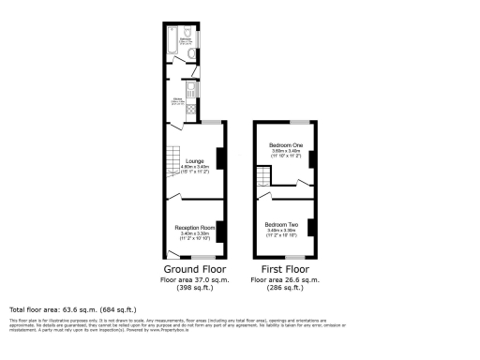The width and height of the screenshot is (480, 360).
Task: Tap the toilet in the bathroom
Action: (192, 55)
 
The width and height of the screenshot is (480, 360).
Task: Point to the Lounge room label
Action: (195, 161)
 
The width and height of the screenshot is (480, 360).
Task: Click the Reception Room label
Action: (195, 228)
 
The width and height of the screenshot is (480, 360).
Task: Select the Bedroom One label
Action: (286, 145)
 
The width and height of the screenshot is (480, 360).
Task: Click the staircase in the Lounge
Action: (172, 166)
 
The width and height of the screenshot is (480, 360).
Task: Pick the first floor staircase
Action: (262, 178)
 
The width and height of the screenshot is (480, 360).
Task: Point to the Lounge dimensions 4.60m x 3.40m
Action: (195, 168)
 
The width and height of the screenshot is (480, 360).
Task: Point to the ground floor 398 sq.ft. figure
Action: (194, 288)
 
